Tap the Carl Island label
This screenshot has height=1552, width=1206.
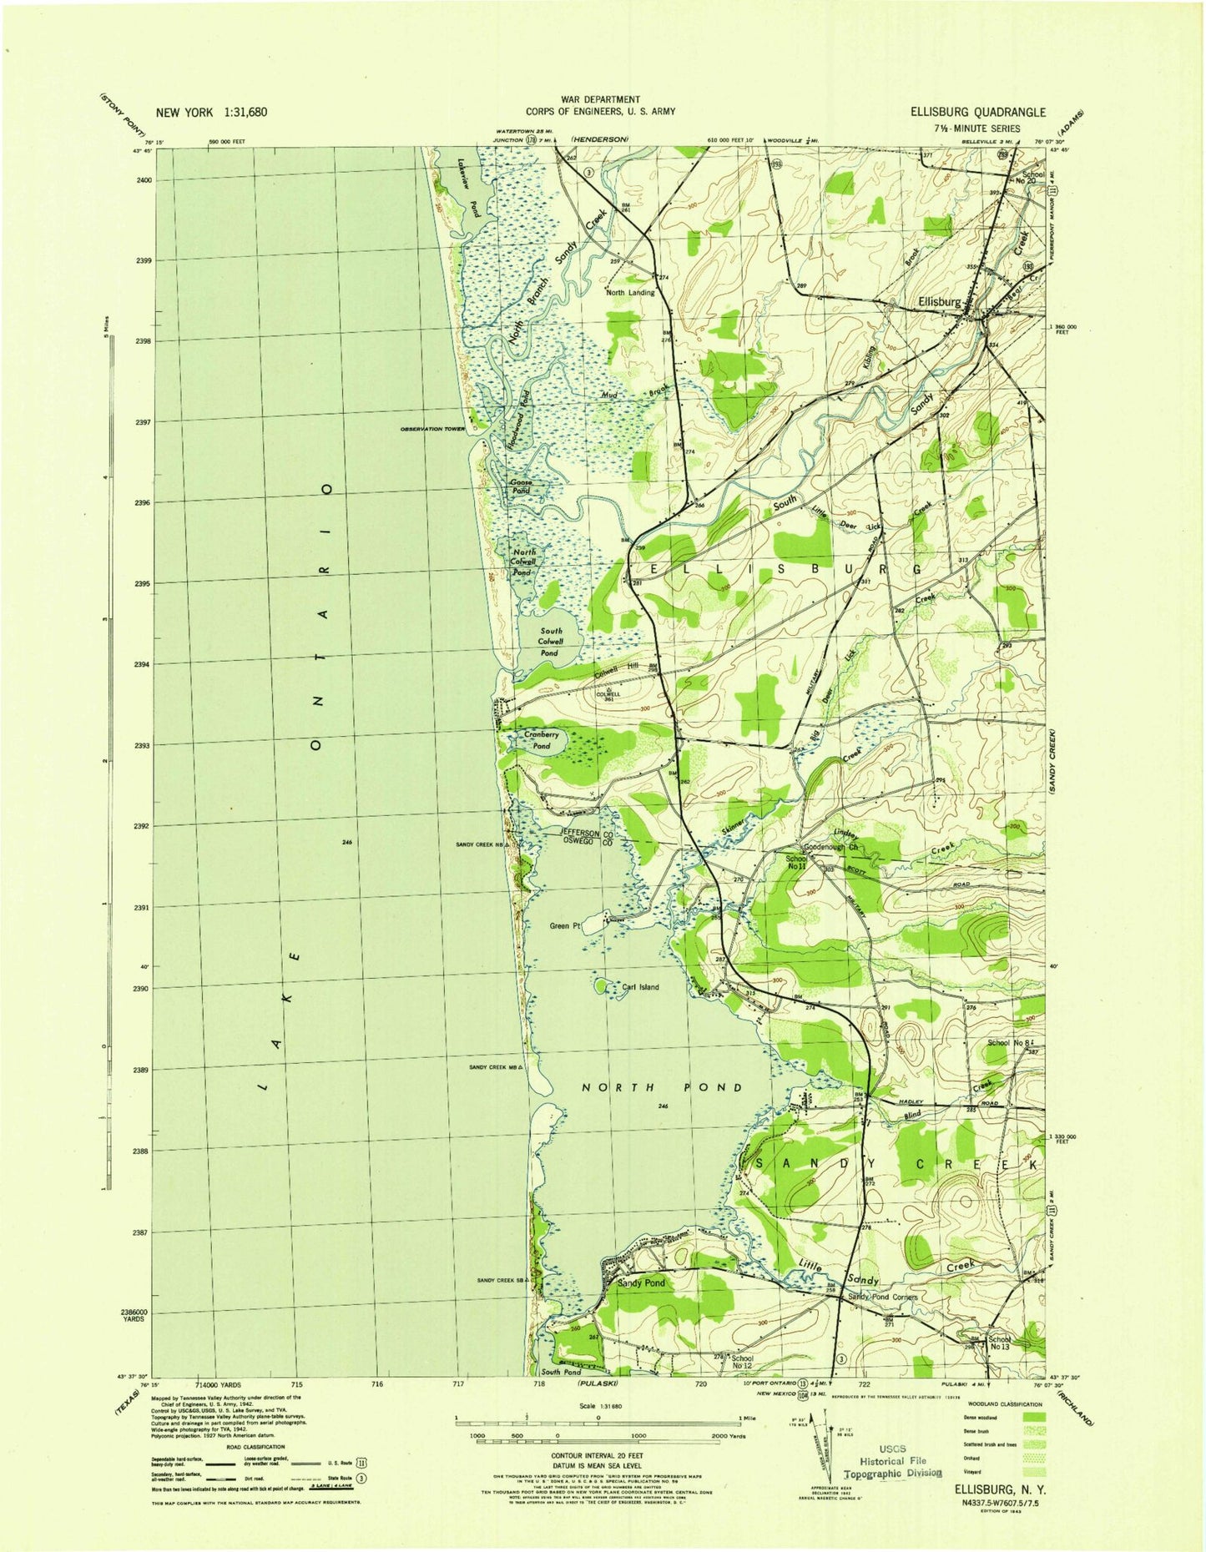[640, 987]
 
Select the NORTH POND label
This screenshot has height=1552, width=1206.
[661, 1087]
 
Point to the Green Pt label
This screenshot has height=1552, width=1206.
[564, 925]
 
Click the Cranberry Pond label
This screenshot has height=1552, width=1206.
[542, 740]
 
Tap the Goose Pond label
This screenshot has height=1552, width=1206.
[521, 487]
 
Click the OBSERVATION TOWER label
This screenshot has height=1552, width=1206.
[431, 429]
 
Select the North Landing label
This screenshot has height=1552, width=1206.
[630, 293]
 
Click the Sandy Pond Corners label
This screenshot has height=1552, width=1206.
[883, 1297]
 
